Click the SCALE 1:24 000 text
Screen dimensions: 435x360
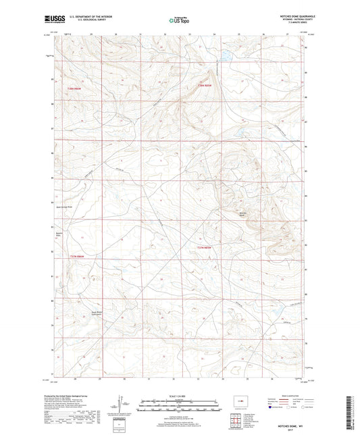click(x=179, y=396)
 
